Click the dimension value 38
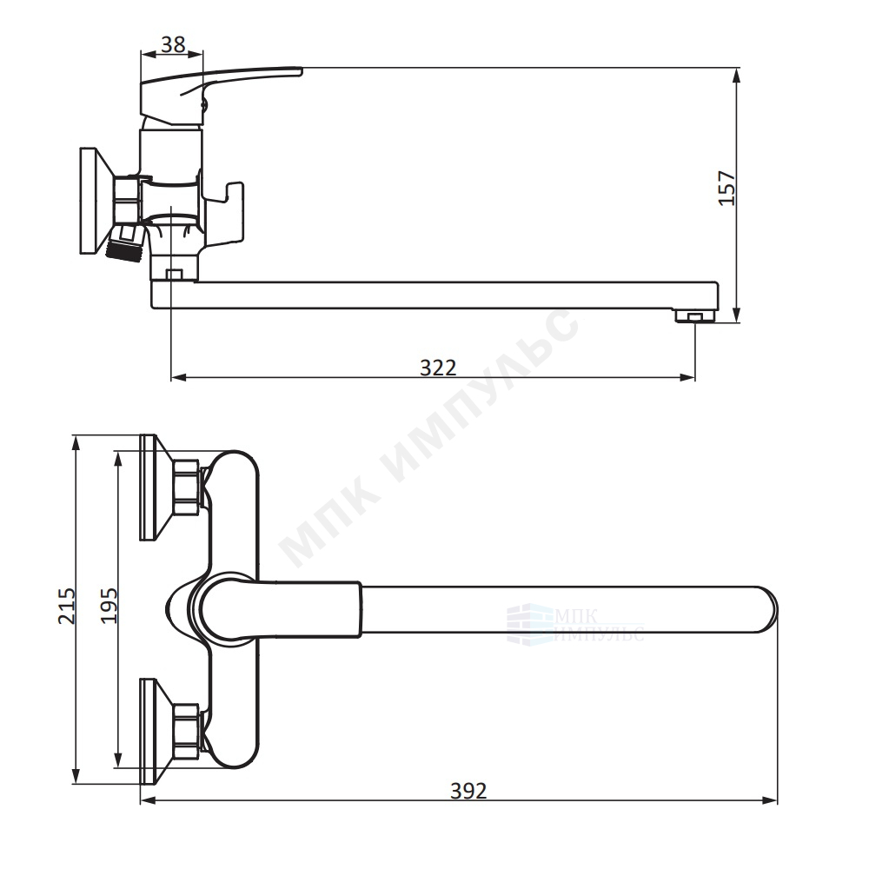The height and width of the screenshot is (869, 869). click(173, 44)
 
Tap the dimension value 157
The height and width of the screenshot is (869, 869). click(726, 189)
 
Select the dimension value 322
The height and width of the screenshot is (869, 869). click(438, 368)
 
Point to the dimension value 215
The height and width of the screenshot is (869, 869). click(67, 606)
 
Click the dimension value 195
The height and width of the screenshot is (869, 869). click(109, 606)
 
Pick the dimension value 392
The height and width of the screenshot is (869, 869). click(468, 791)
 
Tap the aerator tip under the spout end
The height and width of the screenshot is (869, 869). click(695, 316)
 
